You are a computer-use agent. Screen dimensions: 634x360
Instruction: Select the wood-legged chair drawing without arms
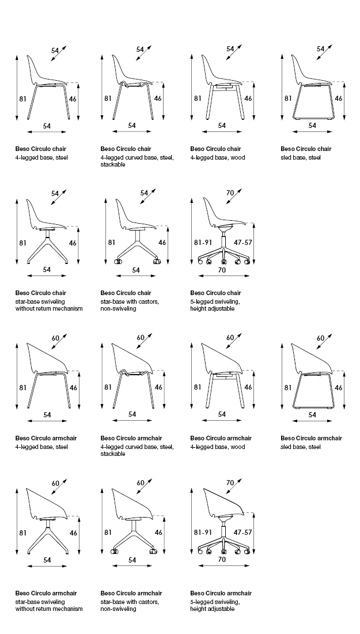click(x=222, y=86)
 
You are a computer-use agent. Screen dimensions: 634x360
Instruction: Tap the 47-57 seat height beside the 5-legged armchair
click(x=244, y=532)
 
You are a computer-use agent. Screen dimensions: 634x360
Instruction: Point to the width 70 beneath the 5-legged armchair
click(x=222, y=559)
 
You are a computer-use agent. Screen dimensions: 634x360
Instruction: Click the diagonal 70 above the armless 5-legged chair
click(x=230, y=193)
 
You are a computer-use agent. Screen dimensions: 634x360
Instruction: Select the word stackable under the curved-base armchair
click(x=113, y=454)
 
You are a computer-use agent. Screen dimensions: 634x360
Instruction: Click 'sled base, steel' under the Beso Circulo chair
click(x=301, y=157)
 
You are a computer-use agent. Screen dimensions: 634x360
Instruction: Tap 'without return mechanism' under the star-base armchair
click(x=49, y=609)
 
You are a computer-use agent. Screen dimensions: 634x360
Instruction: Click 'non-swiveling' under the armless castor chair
click(x=118, y=308)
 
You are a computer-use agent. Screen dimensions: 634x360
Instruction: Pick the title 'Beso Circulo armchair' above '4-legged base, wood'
click(x=221, y=438)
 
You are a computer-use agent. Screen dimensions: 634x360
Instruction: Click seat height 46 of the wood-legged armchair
click(x=248, y=387)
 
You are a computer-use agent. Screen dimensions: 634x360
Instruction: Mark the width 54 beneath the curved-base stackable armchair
click(x=132, y=414)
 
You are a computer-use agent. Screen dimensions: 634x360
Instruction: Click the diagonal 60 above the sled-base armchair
click(x=321, y=338)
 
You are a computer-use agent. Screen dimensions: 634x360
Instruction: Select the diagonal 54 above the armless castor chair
click(x=144, y=193)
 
